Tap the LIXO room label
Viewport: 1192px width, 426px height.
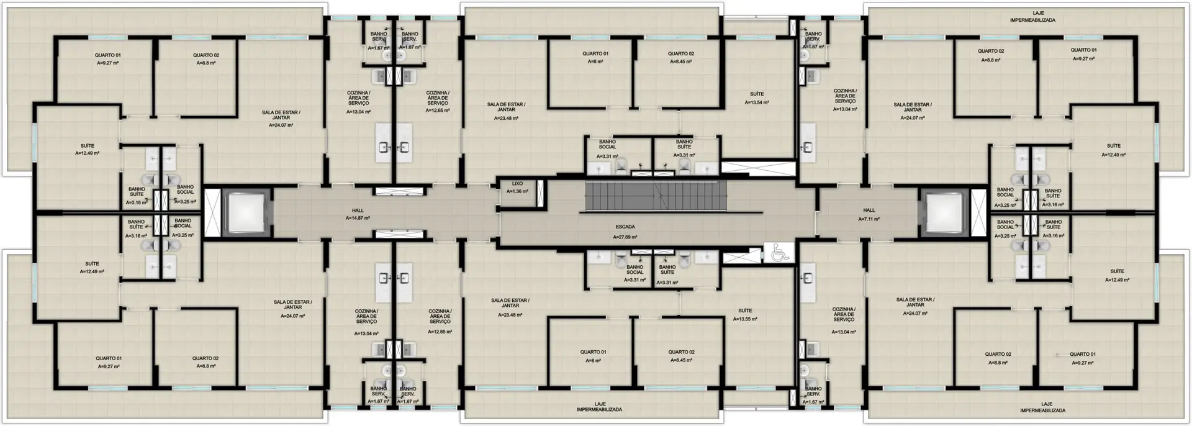coord(517,184)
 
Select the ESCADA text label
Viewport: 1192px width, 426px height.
coord(625,227)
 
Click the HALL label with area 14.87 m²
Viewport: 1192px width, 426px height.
coord(358,211)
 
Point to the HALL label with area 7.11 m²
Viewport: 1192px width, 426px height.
coord(869,211)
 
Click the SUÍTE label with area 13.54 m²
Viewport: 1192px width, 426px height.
coord(756,94)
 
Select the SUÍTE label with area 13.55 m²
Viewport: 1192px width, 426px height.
coord(745,310)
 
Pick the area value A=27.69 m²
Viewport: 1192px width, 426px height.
coord(625,237)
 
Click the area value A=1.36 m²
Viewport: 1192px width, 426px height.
coord(517,192)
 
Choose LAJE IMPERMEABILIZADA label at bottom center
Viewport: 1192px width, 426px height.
coord(599,407)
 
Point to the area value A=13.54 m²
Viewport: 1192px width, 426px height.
coord(756,102)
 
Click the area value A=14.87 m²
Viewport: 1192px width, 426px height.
coord(358,219)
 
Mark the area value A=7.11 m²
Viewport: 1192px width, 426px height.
coord(869,219)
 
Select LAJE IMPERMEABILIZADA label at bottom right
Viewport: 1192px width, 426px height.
coord(1042,407)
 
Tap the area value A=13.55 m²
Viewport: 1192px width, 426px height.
coord(745,319)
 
